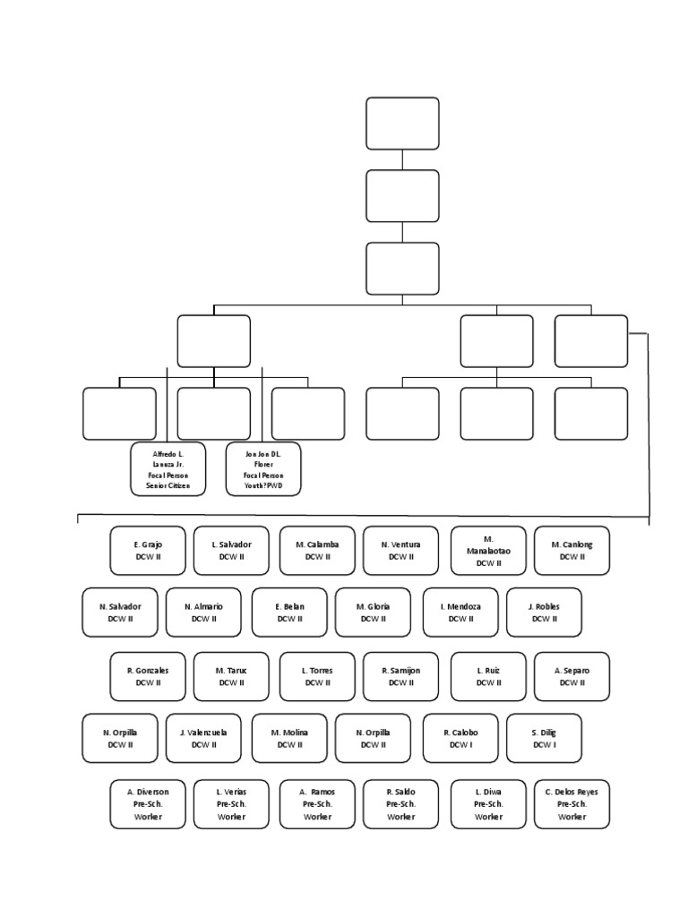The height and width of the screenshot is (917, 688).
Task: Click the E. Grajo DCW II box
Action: pyautogui.click(x=148, y=550)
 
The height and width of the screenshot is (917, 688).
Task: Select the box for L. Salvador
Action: pyautogui.click(x=231, y=550)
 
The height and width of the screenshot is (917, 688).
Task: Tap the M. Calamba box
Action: pyautogui.click(x=317, y=550)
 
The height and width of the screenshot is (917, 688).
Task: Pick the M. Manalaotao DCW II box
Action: pyautogui.click(x=488, y=550)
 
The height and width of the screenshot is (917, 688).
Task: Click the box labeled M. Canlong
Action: pyautogui.click(x=572, y=550)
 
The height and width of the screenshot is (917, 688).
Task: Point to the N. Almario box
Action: pyautogui.click(x=204, y=612)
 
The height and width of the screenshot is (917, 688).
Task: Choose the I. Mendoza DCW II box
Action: pyautogui.click(x=460, y=612)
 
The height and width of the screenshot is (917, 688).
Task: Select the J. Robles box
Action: pyautogui.click(x=544, y=612)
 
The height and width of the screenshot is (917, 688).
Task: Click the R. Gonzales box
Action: pyautogui.click(x=148, y=676)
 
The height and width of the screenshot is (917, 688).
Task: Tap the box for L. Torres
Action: pyautogui.click(x=317, y=676)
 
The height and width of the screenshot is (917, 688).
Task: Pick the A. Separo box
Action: pyautogui.click(x=572, y=676)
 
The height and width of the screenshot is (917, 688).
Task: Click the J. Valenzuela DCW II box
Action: pyautogui.click(x=204, y=738)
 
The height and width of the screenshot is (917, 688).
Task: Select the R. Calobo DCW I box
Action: pyautogui.click(x=460, y=738)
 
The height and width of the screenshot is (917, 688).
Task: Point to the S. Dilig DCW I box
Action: pyautogui.click(x=544, y=738)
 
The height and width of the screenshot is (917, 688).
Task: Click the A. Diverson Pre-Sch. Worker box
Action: pyautogui.click(x=148, y=803)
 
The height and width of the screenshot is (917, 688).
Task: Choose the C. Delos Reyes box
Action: pyautogui.click(x=572, y=803)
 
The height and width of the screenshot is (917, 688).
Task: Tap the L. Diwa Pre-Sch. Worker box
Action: pyautogui.click(x=488, y=803)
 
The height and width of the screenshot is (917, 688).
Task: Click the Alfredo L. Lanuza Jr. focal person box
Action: pyautogui.click(x=168, y=468)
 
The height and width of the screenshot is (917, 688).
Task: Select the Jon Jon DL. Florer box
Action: pyautogui.click(x=263, y=468)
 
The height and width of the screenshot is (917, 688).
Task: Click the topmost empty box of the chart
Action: pyautogui.click(x=402, y=124)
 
